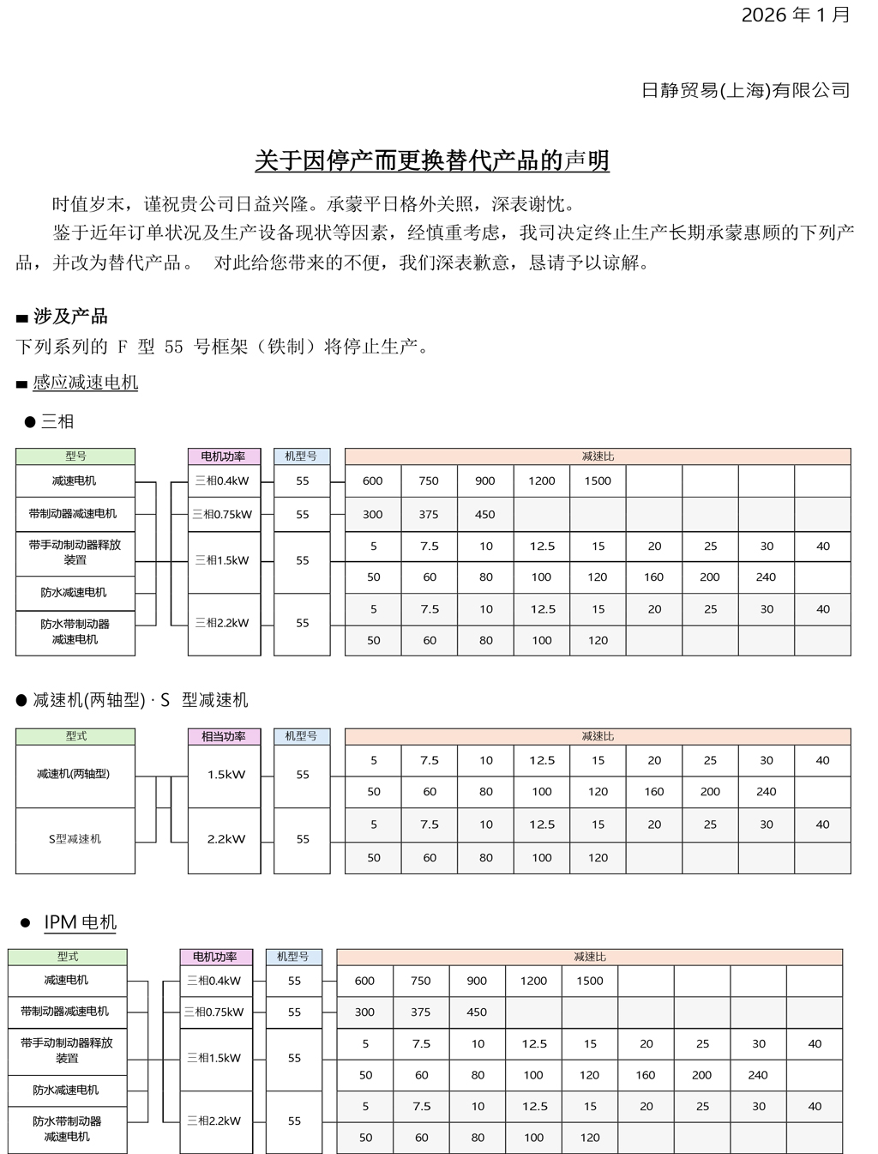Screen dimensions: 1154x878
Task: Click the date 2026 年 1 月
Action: click(x=795, y=15)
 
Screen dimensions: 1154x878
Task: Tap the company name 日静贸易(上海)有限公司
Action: click(x=745, y=90)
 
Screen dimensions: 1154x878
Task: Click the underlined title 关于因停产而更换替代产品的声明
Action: click(x=432, y=160)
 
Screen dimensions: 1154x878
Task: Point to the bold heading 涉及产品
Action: click(x=70, y=317)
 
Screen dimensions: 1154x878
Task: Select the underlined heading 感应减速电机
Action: click(x=85, y=383)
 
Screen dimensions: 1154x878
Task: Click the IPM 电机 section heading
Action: click(x=80, y=922)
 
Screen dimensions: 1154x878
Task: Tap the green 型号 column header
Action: click(x=75, y=456)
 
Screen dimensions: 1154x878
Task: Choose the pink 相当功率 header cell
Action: click(x=224, y=736)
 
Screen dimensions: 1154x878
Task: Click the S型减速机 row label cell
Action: click(x=75, y=839)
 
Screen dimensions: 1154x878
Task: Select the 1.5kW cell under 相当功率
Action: click(x=226, y=775)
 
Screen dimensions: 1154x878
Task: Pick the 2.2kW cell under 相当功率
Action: click(x=226, y=839)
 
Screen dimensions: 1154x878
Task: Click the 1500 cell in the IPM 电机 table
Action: click(x=590, y=981)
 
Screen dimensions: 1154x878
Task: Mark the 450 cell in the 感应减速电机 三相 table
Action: click(x=485, y=515)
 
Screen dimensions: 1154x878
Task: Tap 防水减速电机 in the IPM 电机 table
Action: click(x=66, y=1090)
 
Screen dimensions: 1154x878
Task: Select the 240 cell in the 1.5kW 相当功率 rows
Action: click(x=767, y=792)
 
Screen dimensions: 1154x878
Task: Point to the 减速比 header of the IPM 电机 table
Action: click(x=589, y=957)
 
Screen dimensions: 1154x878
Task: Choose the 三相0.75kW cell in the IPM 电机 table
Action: click(x=214, y=1012)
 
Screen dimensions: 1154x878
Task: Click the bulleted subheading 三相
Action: click(x=57, y=421)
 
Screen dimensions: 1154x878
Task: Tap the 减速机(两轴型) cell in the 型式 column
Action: click(x=74, y=774)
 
